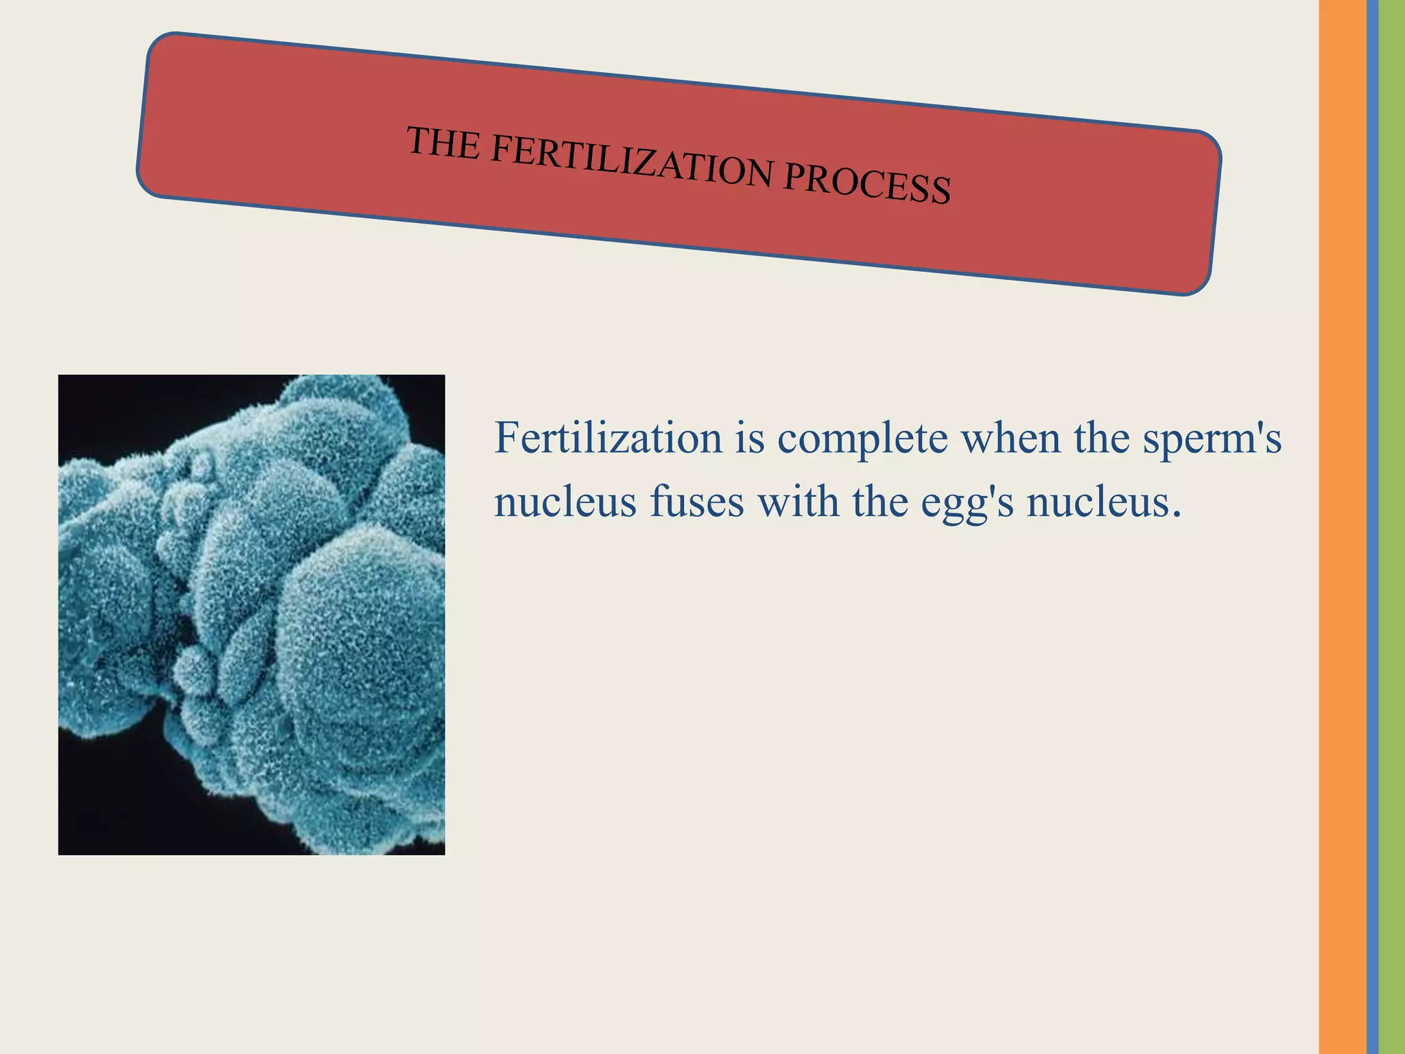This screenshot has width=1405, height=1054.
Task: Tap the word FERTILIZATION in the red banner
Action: tap(632, 162)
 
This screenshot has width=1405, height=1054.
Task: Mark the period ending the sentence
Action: tap(1177, 515)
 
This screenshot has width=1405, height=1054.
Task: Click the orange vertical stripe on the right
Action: tap(1342, 527)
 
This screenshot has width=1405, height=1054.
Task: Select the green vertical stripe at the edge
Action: tap(1392, 527)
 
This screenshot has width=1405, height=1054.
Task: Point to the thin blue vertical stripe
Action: tap(1372, 527)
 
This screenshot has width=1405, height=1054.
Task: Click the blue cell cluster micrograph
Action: tap(251, 614)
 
